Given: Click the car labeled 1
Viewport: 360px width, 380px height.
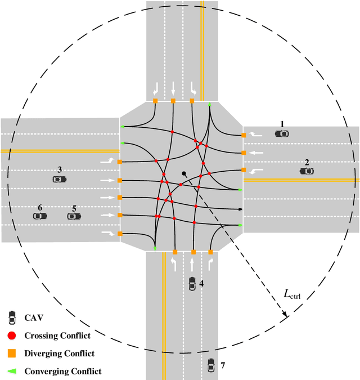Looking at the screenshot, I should click(x=281, y=133).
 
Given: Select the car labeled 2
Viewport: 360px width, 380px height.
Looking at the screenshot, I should click(x=307, y=171).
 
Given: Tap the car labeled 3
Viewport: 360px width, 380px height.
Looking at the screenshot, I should click(x=59, y=178).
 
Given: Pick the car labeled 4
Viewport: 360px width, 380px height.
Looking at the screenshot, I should click(x=192, y=284).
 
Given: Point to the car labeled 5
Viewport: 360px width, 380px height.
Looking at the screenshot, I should click(x=74, y=216).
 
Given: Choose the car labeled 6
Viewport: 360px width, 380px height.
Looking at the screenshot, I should click(x=39, y=216).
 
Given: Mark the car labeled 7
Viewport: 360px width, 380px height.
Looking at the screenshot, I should click(x=211, y=365).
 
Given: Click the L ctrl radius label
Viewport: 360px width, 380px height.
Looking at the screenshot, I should click(x=293, y=294).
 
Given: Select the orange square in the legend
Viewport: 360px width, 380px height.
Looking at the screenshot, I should click(x=12, y=353).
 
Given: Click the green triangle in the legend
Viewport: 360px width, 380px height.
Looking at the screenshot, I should click(x=12, y=370).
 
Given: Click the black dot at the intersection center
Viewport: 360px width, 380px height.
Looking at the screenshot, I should click(x=183, y=173).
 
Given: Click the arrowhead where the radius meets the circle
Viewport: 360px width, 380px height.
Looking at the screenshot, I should click(x=286, y=316).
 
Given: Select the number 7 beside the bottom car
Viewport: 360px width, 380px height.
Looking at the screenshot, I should click(x=223, y=366).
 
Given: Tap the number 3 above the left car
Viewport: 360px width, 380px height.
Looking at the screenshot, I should click(x=59, y=169).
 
